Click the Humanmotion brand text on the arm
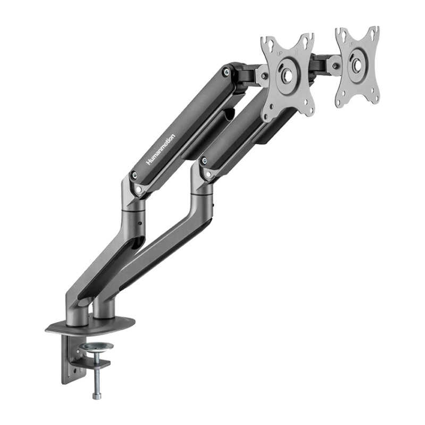160,149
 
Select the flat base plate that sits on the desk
90,326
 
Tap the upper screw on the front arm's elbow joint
203,159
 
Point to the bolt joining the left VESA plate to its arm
265,76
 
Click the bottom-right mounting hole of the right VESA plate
374,99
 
